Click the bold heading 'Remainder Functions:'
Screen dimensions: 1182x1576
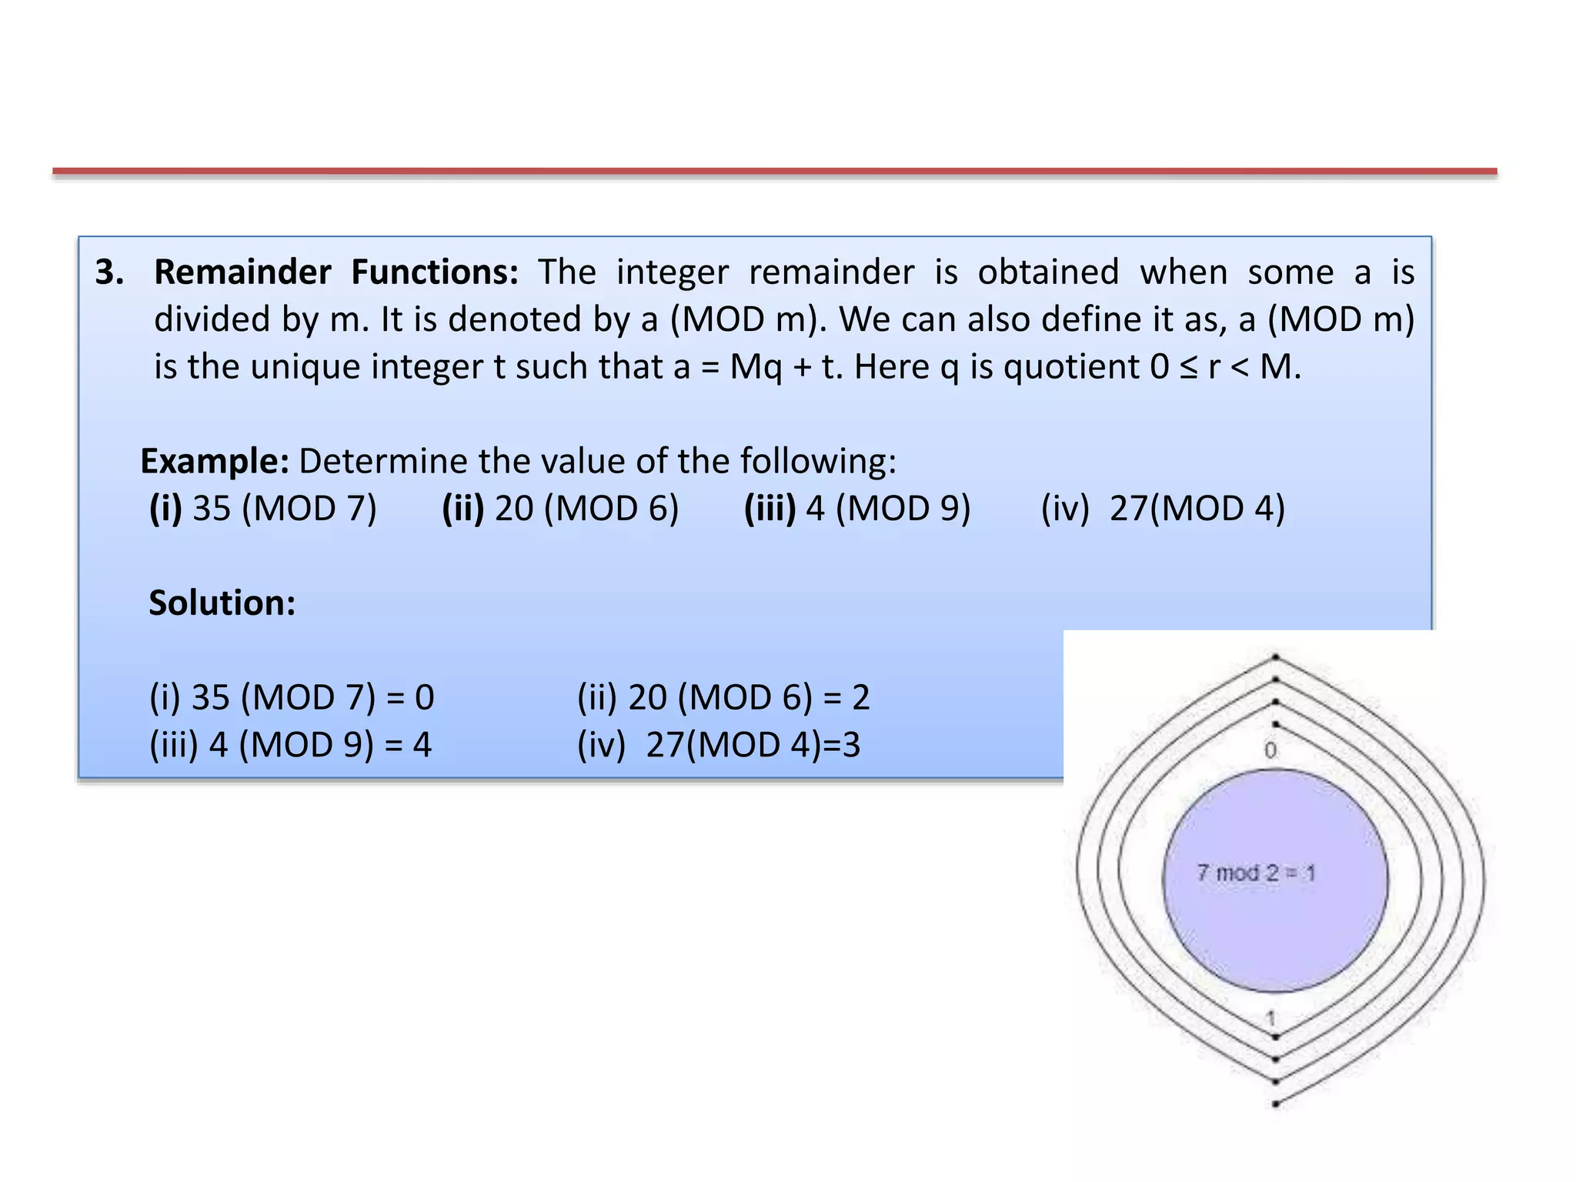click(x=336, y=272)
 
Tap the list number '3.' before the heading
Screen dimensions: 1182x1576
click(x=109, y=272)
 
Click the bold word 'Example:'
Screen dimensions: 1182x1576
click(x=215, y=462)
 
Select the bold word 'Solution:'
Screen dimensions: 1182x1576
click(x=222, y=603)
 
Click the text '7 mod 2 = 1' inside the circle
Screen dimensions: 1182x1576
click(x=1256, y=873)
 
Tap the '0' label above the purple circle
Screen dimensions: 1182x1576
click(x=1270, y=750)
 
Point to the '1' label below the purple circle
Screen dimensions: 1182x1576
click(x=1271, y=1018)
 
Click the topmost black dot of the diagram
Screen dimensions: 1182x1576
click(x=1275, y=657)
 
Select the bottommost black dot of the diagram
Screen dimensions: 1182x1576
click(x=1275, y=1104)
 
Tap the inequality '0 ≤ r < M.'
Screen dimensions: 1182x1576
click(x=1225, y=367)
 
